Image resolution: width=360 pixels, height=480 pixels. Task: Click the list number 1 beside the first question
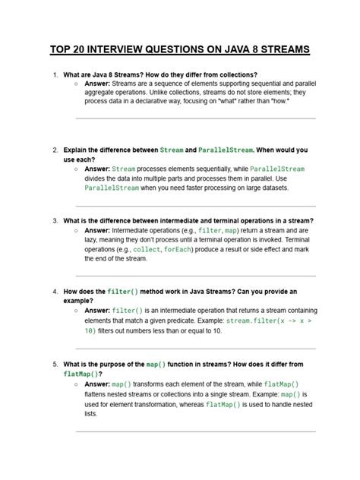(x=55, y=75)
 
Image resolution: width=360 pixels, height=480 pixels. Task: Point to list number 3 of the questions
(x=55, y=220)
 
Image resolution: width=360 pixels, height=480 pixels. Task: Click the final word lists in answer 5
(x=91, y=414)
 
